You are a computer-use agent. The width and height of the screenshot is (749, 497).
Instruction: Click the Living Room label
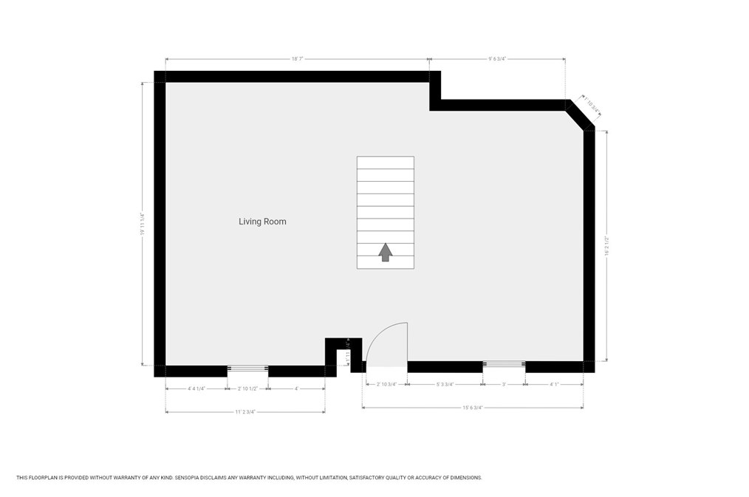click(262, 222)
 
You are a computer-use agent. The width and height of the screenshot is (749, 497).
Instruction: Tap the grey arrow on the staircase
click(385, 252)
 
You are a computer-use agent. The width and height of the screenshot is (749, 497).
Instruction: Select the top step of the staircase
click(385, 162)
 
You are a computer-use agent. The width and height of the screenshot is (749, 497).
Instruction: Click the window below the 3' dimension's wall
click(504, 364)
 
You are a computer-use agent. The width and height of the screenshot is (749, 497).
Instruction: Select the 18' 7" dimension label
click(298, 59)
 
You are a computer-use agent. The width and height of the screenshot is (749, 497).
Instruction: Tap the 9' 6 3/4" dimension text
click(497, 59)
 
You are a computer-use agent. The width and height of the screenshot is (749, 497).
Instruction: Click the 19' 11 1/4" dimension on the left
click(142, 224)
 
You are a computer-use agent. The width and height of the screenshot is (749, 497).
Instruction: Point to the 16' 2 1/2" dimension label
click(606, 246)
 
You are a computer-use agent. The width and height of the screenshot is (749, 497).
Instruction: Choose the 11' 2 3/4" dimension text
click(245, 412)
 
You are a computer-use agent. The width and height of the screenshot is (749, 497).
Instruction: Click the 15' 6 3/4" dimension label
click(473, 408)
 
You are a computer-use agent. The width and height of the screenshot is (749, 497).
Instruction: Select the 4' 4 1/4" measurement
click(196, 388)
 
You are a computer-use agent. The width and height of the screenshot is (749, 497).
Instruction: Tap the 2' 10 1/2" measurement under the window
click(247, 388)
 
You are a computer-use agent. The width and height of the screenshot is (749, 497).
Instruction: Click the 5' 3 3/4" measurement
click(445, 384)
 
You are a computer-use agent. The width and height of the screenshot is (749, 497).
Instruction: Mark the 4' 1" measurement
click(554, 384)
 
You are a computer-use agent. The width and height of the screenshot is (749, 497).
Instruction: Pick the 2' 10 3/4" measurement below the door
click(387, 384)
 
